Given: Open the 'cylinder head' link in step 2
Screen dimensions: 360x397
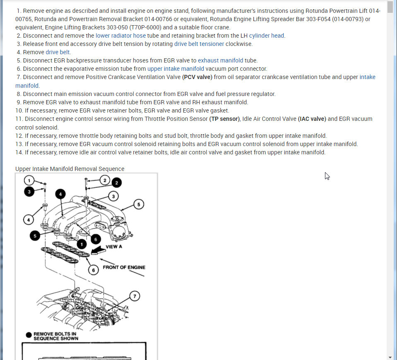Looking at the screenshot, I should pos(267,36).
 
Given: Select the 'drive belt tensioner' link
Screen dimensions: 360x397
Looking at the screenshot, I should pos(199,44).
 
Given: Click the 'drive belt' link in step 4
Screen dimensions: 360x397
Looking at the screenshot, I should pos(58,52).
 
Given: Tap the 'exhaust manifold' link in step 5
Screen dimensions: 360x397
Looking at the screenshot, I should pos(221,60).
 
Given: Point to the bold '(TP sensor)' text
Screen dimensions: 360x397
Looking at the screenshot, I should pos(225,119).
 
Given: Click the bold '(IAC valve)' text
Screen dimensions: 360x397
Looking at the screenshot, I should pos(312,119).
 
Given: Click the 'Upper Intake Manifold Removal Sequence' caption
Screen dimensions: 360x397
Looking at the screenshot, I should pos(70,169).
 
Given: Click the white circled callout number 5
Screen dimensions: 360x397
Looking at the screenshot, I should pos(139,204).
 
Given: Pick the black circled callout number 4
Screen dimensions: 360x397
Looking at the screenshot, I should pos(60,194).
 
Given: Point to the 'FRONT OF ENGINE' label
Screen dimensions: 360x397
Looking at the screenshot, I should pos(124,267).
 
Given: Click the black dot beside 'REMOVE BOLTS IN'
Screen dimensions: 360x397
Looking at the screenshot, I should pos(28,335).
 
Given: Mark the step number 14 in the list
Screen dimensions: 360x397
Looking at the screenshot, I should pos(19,152).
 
